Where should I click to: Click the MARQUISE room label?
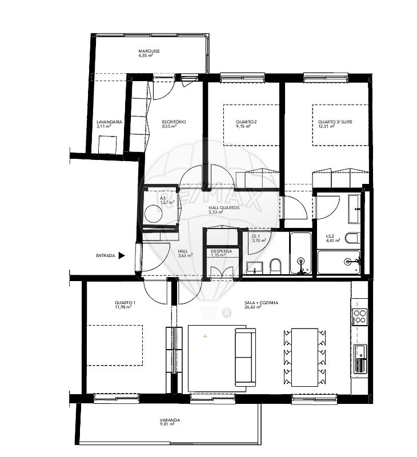pyautogui.click(x=149, y=51)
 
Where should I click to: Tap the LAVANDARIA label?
pyautogui.click(x=109, y=122)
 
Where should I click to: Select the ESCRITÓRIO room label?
pyautogui.click(x=174, y=122)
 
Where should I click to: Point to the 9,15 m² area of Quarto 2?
pyautogui.click(x=243, y=126)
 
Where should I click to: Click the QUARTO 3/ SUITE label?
pyautogui.click(x=335, y=122)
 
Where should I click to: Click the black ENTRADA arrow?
pyautogui.click(x=122, y=255)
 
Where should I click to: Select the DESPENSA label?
pyautogui.click(x=222, y=251)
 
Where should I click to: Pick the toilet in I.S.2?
pyautogui.click(x=352, y=238)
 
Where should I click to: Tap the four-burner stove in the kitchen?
pyautogui.click(x=359, y=317)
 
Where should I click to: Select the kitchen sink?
pyautogui.click(x=360, y=359)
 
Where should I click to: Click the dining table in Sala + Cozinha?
pyautogui.click(x=304, y=358)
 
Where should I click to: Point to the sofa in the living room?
pyautogui.click(x=245, y=358)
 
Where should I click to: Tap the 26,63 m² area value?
pyautogui.click(x=253, y=307)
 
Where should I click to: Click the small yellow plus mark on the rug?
pyautogui.click(x=206, y=336)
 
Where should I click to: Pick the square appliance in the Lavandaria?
pyautogui.click(x=107, y=145)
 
